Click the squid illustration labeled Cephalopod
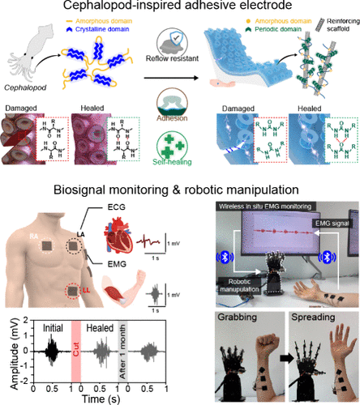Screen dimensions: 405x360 (x=28, y=53)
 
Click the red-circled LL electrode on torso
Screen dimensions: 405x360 (x=75, y=290)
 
